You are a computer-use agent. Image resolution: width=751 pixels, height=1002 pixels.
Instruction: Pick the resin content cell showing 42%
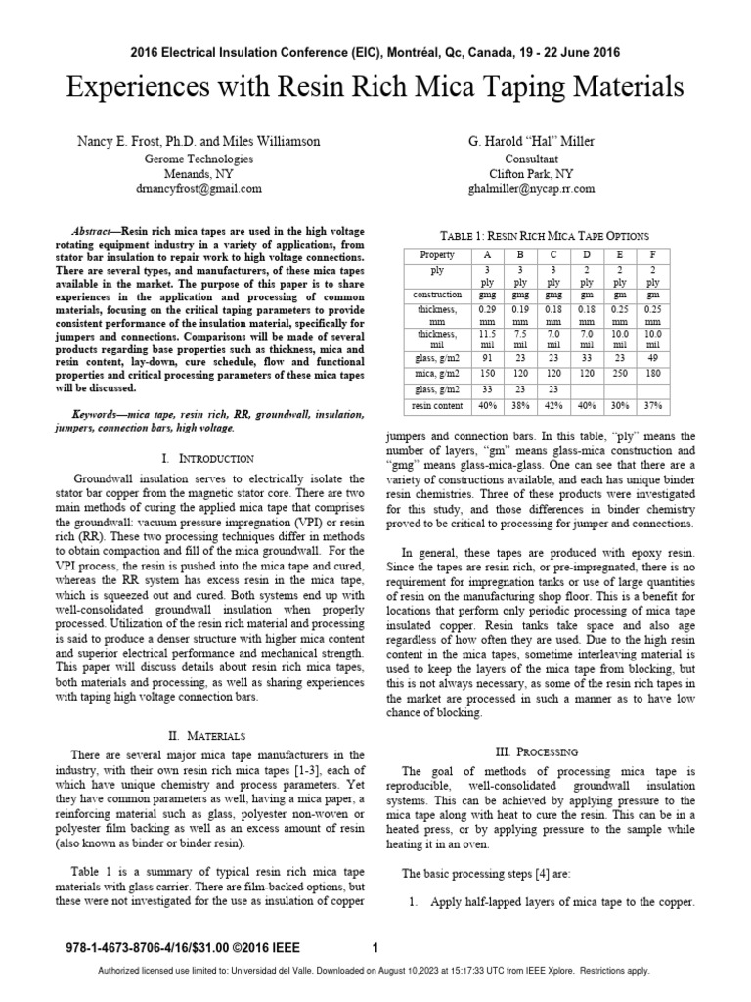(554, 404)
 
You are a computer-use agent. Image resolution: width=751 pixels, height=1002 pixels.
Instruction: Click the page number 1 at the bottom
(375, 947)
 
